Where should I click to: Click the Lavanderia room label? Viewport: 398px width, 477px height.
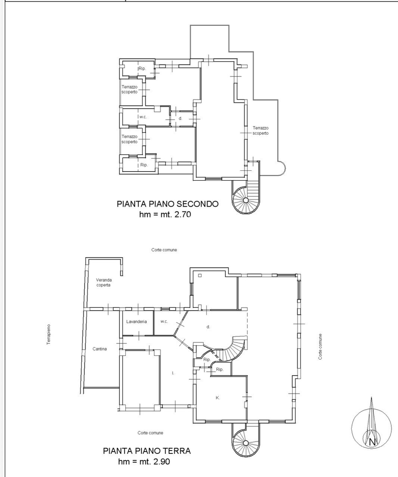click(x=137, y=321)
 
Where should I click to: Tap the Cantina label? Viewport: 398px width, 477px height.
click(x=100, y=349)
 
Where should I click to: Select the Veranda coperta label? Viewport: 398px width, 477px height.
click(x=104, y=282)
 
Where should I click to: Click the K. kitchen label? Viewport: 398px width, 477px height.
click(x=218, y=398)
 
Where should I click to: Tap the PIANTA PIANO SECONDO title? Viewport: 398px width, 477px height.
click(x=168, y=204)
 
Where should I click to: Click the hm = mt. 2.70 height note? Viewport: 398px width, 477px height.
click(x=165, y=214)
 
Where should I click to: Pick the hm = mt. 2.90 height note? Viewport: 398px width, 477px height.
click(x=144, y=461)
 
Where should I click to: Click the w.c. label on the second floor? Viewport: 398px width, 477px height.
click(x=143, y=117)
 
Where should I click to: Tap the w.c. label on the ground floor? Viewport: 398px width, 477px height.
click(x=164, y=321)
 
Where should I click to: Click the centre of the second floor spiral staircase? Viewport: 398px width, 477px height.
click(x=246, y=200)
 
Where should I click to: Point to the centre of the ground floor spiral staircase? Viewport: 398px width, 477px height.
click(x=246, y=443)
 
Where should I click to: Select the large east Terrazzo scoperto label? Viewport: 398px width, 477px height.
click(x=261, y=131)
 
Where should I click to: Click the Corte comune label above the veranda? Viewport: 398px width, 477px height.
click(x=164, y=250)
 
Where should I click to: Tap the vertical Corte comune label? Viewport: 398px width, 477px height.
click(x=320, y=346)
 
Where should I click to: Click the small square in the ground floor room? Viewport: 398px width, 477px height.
click(x=200, y=276)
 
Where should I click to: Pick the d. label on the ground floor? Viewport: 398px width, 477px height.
click(x=208, y=327)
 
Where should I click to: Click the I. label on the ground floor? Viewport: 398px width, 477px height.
click(x=173, y=373)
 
